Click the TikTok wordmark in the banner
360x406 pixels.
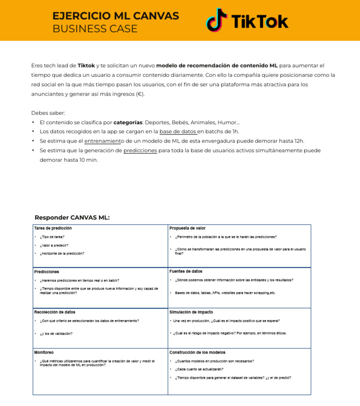click(x=260, y=22)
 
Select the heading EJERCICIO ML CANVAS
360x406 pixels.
click(x=115, y=15)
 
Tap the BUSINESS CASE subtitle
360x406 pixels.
click(x=95, y=29)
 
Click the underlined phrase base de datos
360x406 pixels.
click(x=178, y=131)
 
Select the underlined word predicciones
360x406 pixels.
click(x=140, y=150)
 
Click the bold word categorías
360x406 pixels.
click(x=128, y=122)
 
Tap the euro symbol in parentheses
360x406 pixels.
click(x=139, y=94)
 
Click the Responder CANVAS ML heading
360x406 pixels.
click(x=72, y=218)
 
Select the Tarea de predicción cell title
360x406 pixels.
click(x=53, y=228)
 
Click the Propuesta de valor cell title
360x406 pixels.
click(x=187, y=228)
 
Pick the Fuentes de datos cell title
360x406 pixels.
click(x=186, y=271)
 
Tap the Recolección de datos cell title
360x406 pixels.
click(x=54, y=312)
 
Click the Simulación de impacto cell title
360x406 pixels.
click(x=191, y=312)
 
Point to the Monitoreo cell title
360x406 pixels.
click(x=44, y=352)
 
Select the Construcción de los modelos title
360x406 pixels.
click(x=197, y=352)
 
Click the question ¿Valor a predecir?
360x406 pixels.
click(x=54, y=245)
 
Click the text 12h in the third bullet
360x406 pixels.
click(x=299, y=141)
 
